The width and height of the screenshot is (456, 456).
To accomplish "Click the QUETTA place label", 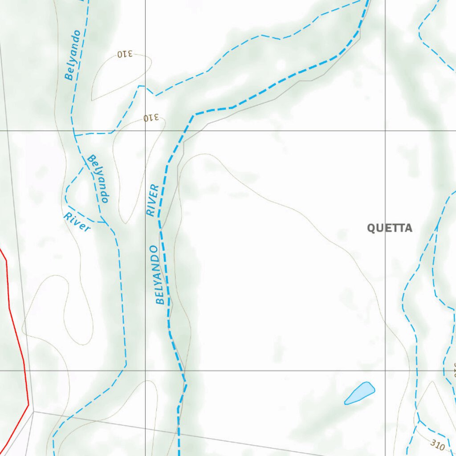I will [x=389, y=228].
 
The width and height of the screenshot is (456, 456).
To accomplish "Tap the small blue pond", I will [x=360, y=393].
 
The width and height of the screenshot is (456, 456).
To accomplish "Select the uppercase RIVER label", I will [x=152, y=200].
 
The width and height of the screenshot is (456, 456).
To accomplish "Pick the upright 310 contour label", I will [x=438, y=444].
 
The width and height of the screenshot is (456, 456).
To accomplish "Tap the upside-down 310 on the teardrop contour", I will [x=125, y=54].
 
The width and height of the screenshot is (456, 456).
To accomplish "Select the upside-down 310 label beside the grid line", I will [x=151, y=118].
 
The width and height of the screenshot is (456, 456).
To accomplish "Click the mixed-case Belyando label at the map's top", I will [x=73, y=55].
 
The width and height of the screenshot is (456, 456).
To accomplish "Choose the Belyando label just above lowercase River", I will [x=98, y=178].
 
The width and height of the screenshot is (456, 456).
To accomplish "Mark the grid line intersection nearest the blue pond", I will [x=385, y=370].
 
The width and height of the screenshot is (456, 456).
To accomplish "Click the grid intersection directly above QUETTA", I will [x=385, y=131].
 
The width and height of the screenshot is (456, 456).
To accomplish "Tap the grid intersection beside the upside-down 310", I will [x=145, y=131].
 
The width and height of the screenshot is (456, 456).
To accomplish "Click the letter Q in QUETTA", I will [x=371, y=228].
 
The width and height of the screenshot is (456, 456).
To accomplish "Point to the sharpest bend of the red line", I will [x=28, y=405].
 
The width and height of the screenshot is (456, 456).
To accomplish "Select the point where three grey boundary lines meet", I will [x=33, y=411].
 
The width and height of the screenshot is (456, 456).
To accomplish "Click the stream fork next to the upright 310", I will [x=419, y=420].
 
